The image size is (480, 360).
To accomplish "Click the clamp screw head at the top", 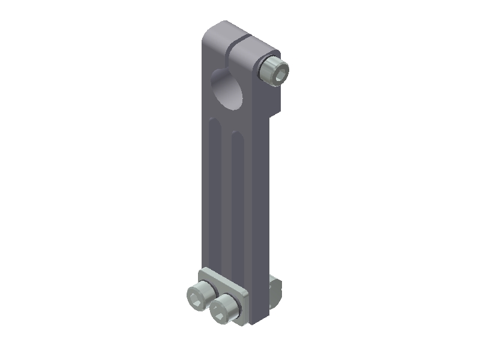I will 275,71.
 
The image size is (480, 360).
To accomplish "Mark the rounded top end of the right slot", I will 237,136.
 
